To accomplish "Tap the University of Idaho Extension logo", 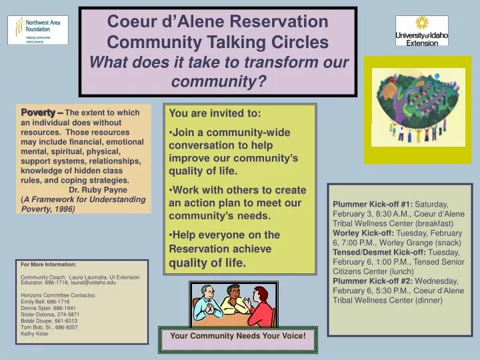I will (x=421, y=31).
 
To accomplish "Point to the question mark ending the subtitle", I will (x=263, y=82).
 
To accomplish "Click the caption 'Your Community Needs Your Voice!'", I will (x=238, y=335).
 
